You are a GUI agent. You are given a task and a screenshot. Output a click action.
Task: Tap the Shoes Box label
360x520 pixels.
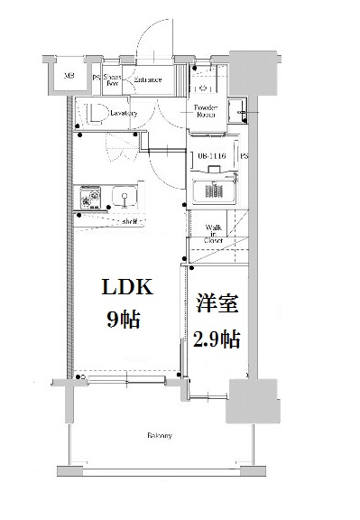click(113, 79)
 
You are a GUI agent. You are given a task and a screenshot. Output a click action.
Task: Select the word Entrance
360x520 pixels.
click(147, 79)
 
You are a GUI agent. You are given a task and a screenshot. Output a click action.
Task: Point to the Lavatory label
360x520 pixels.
click(125, 113)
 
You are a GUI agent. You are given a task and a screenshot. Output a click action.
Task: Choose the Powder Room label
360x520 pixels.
click(207, 111)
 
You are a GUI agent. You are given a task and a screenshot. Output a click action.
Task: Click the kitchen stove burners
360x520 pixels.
click(90, 197)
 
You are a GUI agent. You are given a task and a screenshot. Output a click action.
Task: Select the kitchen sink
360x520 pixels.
click(121, 196)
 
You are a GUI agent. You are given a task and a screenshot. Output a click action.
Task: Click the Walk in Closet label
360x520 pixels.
click(214, 235)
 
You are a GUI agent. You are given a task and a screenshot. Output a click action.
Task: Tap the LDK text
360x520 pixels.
click(128, 289)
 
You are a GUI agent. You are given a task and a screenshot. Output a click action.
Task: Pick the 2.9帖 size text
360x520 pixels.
click(217, 339)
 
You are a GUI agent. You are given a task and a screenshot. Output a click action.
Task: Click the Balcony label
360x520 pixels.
click(160, 436)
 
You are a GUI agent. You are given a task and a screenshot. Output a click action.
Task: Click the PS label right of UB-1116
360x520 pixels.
click(244, 155)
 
